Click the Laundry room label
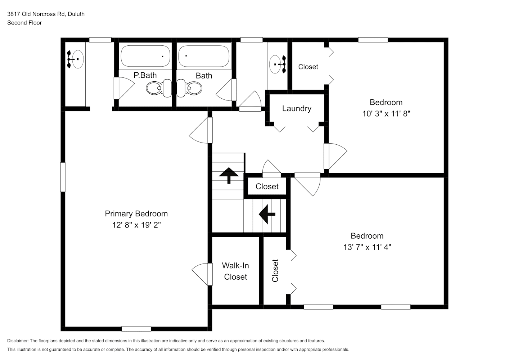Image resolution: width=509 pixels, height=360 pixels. [297, 109]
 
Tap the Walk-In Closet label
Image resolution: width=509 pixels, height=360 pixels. [235, 271]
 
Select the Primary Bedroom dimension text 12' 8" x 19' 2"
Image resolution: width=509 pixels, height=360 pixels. [136, 225]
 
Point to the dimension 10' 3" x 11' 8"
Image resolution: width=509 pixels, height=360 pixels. [386, 114]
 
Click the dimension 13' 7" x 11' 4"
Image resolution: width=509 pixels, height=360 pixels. [367, 247]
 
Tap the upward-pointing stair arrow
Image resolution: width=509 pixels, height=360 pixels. [229, 175]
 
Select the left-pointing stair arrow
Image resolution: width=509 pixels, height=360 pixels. [267, 214]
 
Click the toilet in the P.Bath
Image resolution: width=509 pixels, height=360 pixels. [159, 88]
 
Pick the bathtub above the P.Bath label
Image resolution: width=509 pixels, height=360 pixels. [145, 56]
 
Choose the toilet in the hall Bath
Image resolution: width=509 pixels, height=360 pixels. [189, 88]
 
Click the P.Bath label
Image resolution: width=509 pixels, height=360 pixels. [145, 75]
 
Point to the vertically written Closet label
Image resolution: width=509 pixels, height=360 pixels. [275, 271]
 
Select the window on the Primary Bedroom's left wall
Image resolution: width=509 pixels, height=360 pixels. [63, 177]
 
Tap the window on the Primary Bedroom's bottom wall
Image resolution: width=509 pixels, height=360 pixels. [136, 329]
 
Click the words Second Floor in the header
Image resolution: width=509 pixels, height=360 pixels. [24, 23]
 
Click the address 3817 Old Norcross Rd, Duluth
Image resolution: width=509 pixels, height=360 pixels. [46, 14]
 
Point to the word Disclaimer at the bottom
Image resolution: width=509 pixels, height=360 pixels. [18, 341]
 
